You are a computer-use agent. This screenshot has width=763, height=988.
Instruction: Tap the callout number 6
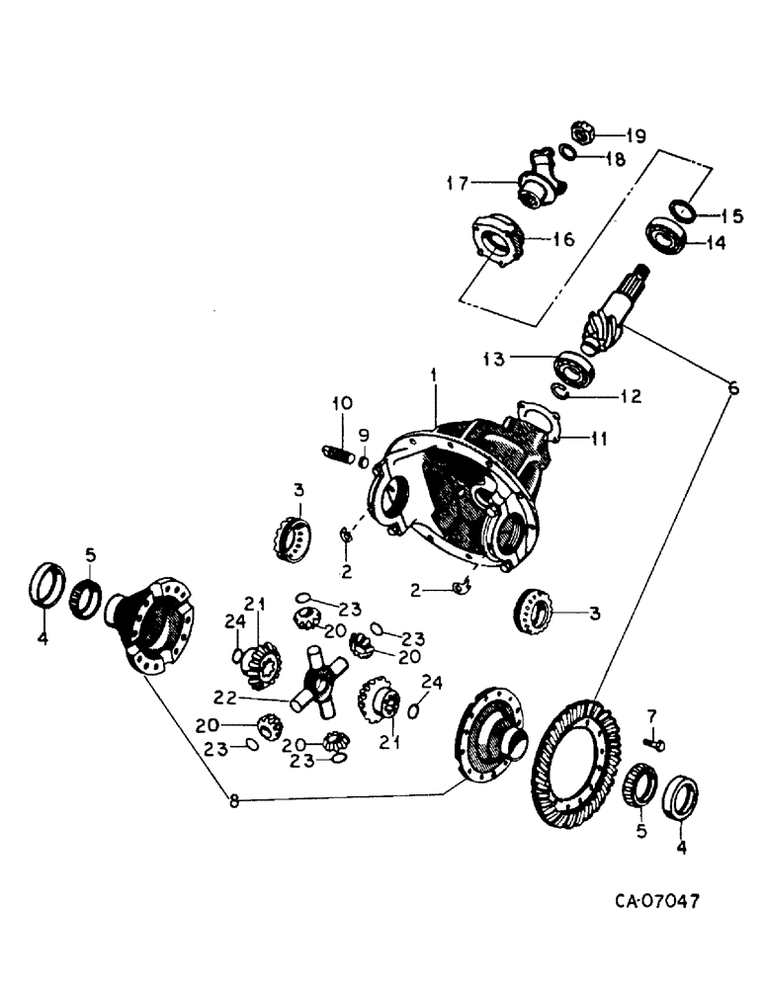(732, 388)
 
